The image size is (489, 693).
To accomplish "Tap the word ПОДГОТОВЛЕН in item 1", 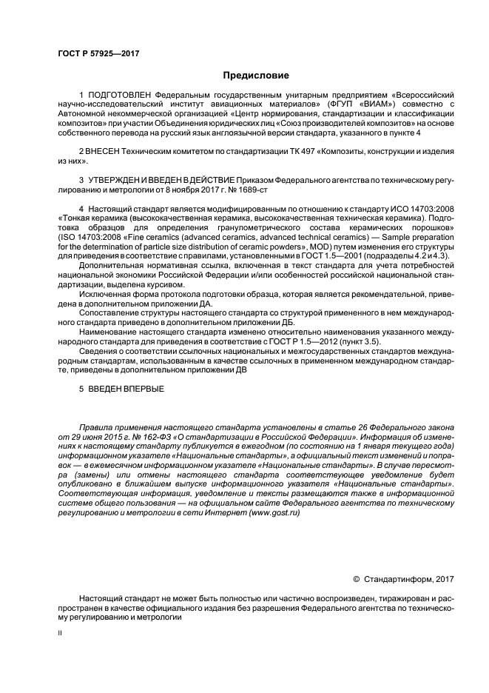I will click(118, 97).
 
